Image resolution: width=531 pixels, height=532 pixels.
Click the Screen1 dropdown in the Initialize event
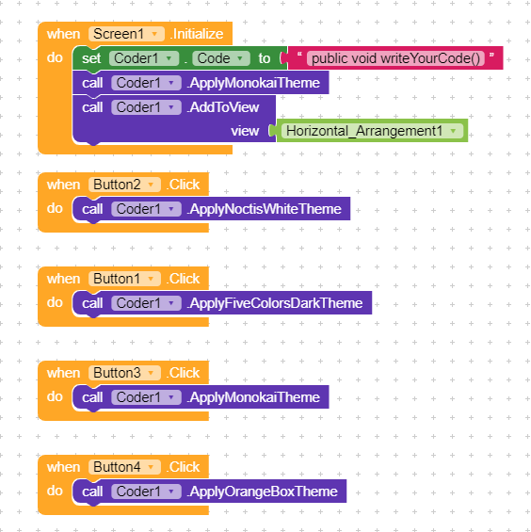point(126,34)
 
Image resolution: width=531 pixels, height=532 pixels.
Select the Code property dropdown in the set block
point(221,58)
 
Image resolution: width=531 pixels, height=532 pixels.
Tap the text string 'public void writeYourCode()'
point(395,58)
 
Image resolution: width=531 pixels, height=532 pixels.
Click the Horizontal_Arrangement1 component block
point(372,131)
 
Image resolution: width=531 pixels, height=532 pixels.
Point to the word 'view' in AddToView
point(245,131)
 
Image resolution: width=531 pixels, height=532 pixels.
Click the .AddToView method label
point(222,107)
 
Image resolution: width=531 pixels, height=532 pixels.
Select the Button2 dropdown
point(124,185)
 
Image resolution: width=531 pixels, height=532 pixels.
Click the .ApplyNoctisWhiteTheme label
point(264,209)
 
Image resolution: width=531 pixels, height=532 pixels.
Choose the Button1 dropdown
point(124,279)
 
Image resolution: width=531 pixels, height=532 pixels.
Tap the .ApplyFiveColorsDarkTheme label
point(275,303)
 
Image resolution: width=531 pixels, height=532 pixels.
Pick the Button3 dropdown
point(124,373)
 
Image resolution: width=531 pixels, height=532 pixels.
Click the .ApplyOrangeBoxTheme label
point(262,492)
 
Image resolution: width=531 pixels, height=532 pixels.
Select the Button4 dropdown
point(124,467)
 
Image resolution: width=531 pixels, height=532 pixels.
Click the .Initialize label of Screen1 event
point(197,34)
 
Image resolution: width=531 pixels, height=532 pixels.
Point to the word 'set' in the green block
point(91,58)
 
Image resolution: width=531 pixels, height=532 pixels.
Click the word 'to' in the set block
point(265,58)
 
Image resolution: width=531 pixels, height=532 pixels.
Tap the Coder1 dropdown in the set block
point(144,58)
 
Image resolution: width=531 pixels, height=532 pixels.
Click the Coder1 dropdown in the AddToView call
point(146,107)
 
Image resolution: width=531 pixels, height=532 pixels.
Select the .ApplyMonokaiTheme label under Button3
point(253,397)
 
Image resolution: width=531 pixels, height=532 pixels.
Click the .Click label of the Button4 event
point(183,467)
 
